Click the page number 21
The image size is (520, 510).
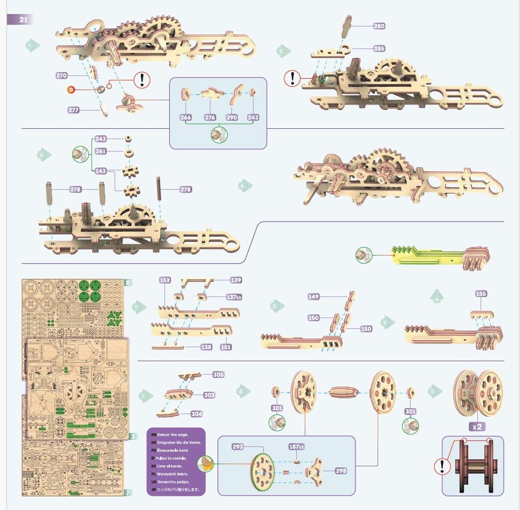[23, 19]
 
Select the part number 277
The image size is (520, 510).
[74, 110]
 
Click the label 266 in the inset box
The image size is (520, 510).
[186, 117]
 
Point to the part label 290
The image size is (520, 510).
[231, 117]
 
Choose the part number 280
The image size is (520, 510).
[379, 26]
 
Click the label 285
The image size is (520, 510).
[379, 49]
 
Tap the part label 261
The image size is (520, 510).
[101, 151]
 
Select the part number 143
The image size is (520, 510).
[101, 171]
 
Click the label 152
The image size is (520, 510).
[165, 280]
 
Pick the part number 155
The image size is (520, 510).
[481, 294]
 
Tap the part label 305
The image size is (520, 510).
[218, 374]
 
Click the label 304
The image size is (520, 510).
[197, 414]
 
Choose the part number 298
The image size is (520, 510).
[340, 471]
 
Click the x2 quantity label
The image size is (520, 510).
[476, 426]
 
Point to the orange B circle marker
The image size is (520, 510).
[70, 88]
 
